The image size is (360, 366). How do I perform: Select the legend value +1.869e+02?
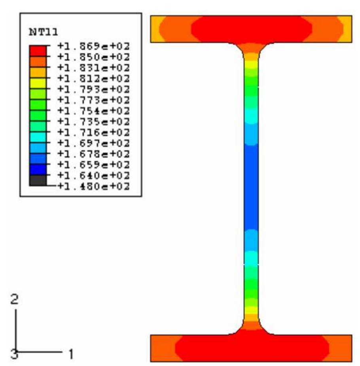click(x=94, y=46)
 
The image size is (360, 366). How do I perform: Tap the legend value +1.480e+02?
click(x=94, y=186)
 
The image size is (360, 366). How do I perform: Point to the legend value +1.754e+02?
click(x=94, y=111)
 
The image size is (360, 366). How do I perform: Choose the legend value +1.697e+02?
click(x=94, y=143)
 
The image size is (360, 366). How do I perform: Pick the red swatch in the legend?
click(x=38, y=51)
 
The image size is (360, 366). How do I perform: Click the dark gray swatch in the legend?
click(x=38, y=180)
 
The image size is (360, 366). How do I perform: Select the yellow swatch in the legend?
click(x=38, y=83)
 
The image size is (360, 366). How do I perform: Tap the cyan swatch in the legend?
click(x=38, y=137)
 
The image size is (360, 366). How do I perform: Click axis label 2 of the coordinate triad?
click(x=15, y=300)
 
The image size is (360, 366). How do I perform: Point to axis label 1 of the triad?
click(x=71, y=352)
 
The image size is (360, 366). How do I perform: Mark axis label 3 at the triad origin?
click(x=14, y=354)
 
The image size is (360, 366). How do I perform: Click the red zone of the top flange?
click(x=251, y=29)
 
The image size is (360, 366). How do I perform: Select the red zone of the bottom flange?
click(x=251, y=348)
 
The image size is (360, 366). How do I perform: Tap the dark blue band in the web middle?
click(x=251, y=186)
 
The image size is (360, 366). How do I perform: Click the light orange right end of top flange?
click(x=347, y=29)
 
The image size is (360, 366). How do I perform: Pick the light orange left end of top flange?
click(x=155, y=29)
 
